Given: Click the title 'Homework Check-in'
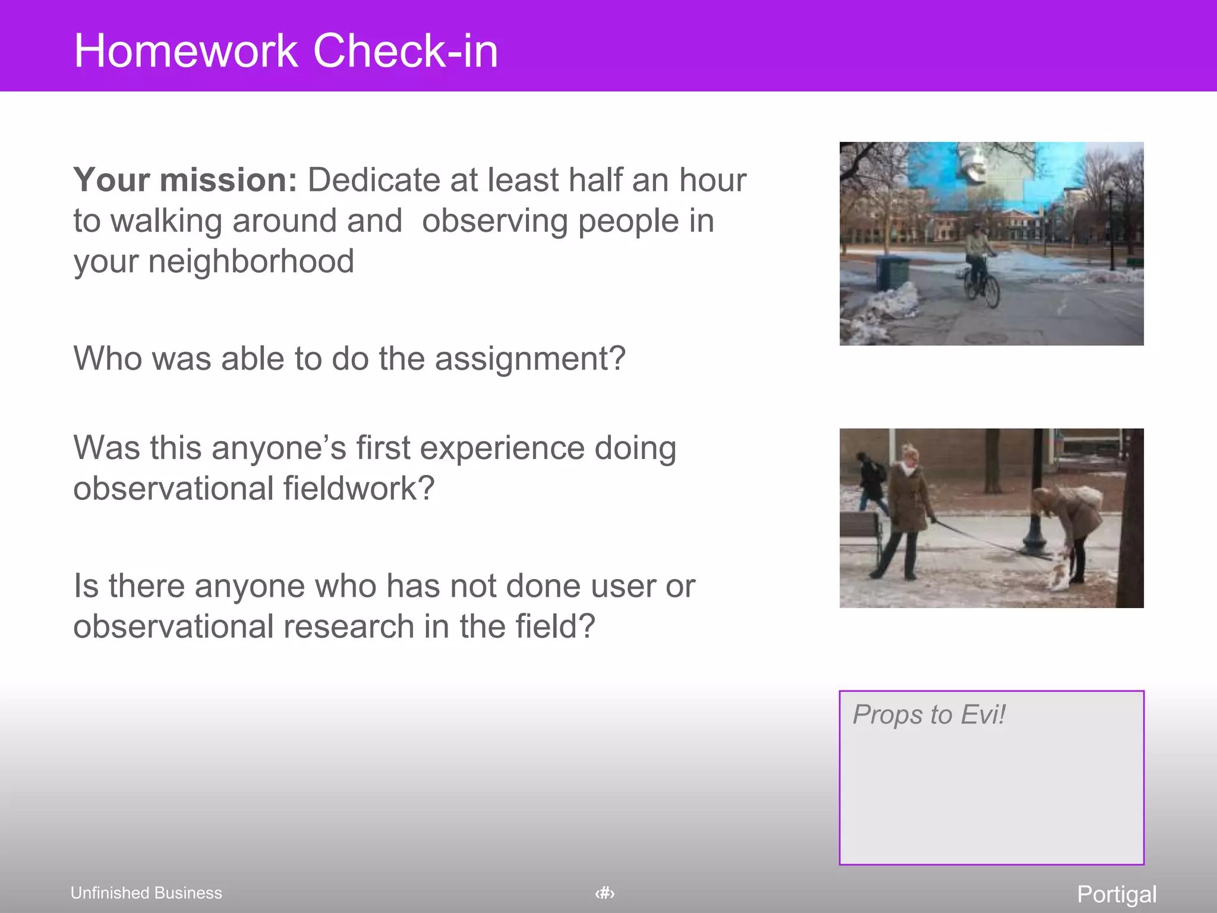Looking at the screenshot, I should pyautogui.click(x=286, y=51).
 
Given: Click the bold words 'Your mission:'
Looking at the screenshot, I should pyautogui.click(x=185, y=180).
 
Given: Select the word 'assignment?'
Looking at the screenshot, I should pyautogui.click(x=530, y=358).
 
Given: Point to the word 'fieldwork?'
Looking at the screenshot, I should pyautogui.click(x=358, y=489).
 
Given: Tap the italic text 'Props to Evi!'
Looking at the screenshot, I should pyautogui.click(x=929, y=714).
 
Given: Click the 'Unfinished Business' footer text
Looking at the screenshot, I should pyautogui.click(x=146, y=893).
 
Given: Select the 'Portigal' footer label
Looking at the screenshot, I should pyautogui.click(x=1117, y=894).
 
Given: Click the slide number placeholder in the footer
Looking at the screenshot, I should pyautogui.click(x=605, y=893).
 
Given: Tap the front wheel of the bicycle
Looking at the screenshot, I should pyautogui.click(x=992, y=292).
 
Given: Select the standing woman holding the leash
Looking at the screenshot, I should pyautogui.click(x=906, y=511).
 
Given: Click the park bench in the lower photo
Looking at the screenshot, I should pyautogui.click(x=862, y=535).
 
